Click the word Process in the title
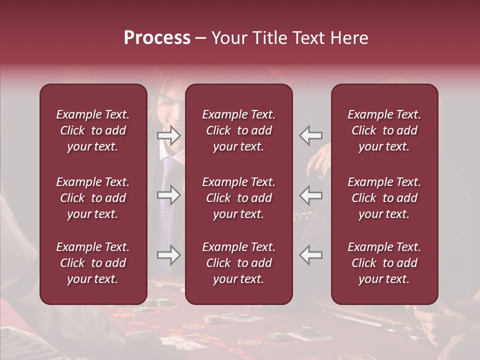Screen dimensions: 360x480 click(x=157, y=38)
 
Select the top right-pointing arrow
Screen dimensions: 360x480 click(x=169, y=135)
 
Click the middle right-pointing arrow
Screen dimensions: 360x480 click(x=169, y=194)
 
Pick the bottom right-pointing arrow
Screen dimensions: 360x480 click(x=169, y=255)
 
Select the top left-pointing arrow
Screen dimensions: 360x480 click(x=311, y=135)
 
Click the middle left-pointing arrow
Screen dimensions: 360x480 click(x=311, y=194)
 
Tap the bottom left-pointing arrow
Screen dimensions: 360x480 click(x=311, y=255)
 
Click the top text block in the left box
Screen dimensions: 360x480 click(x=93, y=130)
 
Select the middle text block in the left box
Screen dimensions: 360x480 click(x=93, y=198)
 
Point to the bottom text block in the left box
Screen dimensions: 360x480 click(x=93, y=263)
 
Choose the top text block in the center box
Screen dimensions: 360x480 click(x=239, y=130)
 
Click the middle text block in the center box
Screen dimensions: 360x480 click(x=239, y=198)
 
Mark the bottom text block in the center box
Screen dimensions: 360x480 click(x=239, y=263)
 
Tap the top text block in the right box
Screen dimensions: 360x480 click(x=384, y=130)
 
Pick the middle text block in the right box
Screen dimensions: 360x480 click(x=384, y=198)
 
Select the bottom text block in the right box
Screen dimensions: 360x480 click(x=384, y=263)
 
